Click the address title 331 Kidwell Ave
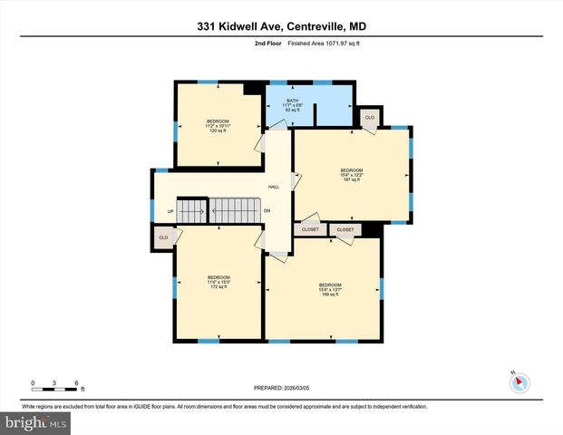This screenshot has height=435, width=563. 281,26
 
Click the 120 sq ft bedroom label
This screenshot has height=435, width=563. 217,126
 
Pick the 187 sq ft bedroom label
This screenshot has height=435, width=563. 351,175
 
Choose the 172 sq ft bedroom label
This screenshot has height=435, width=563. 218,282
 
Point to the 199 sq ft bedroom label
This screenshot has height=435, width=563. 328,290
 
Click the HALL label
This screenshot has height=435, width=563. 273,187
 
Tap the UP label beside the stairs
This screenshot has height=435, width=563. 170,211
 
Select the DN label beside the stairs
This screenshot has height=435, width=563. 267,211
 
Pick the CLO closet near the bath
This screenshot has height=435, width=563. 370,118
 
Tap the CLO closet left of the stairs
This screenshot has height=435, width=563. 163,237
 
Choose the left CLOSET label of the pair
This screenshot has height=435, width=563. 309,230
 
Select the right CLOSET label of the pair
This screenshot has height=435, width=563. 345,230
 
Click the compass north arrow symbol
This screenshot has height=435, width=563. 519,382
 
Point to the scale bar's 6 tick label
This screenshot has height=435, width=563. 78,382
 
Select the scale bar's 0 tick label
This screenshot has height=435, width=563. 34,382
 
